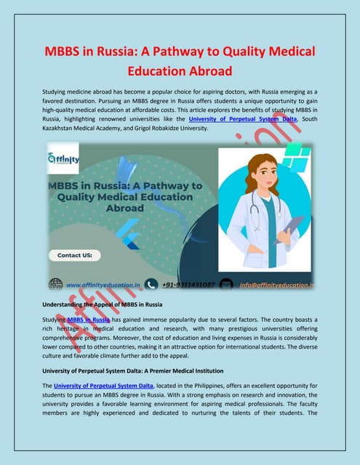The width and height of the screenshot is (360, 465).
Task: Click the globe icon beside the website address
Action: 56,284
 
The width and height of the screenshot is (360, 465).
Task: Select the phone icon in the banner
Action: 151,284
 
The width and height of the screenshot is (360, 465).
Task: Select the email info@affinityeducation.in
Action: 276,285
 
